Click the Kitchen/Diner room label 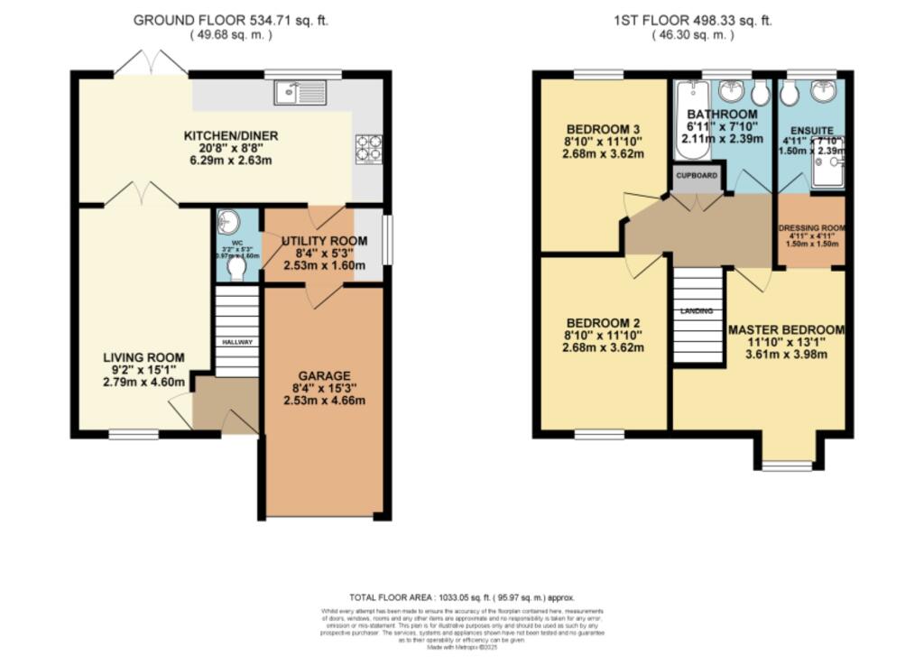[231, 135]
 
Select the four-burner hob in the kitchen [368, 147]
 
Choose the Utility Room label [324, 241]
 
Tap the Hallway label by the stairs [237, 342]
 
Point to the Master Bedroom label [786, 329]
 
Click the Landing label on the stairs [698, 311]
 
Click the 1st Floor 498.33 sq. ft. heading [692, 19]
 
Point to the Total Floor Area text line [461, 597]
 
